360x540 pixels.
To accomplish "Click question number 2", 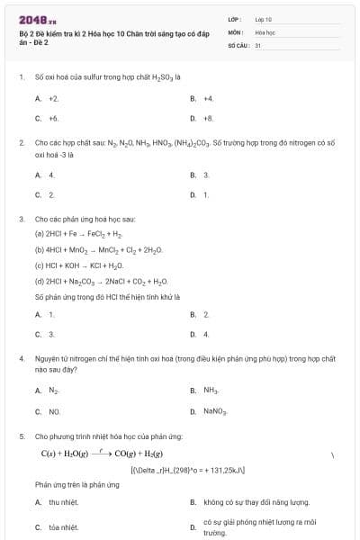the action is [21, 142].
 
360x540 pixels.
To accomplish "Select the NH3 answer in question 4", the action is [211, 391].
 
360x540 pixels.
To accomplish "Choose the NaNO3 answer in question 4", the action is [215, 411].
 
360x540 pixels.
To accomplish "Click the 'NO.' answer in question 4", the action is [54, 411].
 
